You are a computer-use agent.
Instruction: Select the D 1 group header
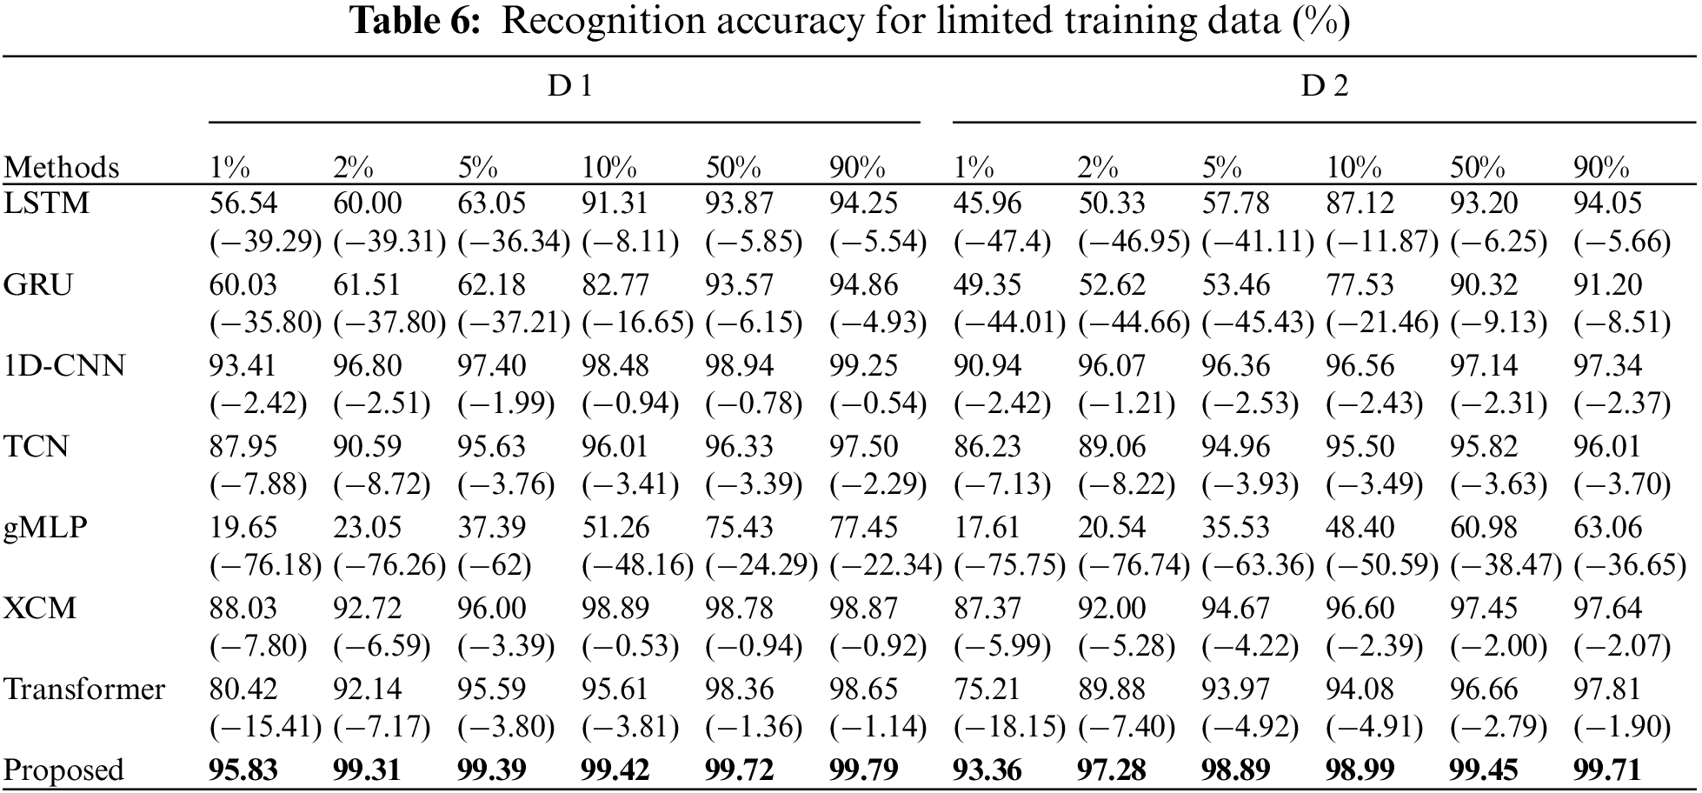click(569, 86)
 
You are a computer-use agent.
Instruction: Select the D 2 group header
click(1324, 86)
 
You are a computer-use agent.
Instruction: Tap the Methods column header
click(61, 167)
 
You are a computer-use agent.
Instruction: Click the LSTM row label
click(47, 203)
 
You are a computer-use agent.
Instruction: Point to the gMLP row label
click(45, 528)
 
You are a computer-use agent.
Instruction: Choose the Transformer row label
click(84, 690)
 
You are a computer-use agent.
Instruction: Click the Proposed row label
click(63, 770)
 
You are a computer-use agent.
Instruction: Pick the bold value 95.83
click(243, 770)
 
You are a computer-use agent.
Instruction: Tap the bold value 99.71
click(1607, 770)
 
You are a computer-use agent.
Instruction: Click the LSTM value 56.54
click(243, 203)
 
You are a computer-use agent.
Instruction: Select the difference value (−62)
click(495, 566)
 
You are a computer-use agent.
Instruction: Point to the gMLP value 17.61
click(987, 528)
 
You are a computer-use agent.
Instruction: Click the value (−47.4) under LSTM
click(1002, 242)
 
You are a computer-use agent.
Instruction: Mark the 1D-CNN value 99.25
click(863, 365)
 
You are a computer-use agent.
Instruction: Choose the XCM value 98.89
click(615, 609)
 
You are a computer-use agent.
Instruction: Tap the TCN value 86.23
click(987, 447)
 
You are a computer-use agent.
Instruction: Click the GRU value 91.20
click(1607, 285)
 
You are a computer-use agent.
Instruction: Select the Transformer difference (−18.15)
click(1009, 727)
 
